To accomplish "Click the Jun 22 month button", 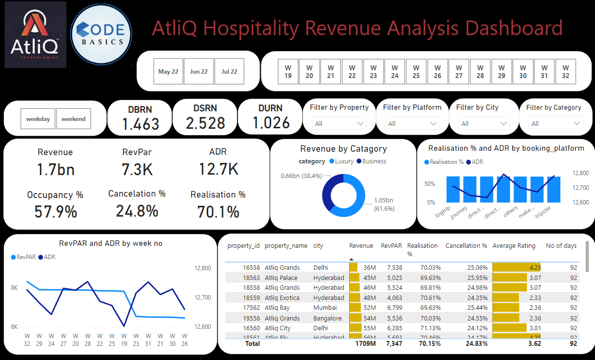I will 198,71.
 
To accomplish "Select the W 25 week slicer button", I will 416,71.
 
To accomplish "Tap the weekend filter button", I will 73,119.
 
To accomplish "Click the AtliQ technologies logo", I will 35,35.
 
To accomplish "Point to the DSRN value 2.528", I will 205,123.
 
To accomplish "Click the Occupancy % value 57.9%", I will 56,212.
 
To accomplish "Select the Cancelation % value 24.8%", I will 137,211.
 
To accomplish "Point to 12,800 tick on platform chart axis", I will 580,173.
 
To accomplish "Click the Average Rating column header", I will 514,246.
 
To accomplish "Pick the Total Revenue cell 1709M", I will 365,343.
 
